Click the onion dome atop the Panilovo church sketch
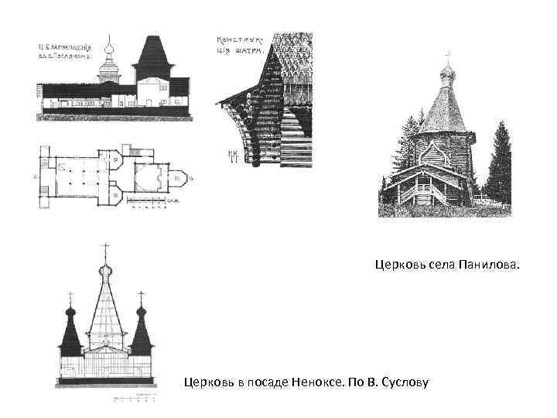446,75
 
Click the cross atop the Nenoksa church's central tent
105,249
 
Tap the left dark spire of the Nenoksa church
70,333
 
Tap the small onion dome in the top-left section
111,55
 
